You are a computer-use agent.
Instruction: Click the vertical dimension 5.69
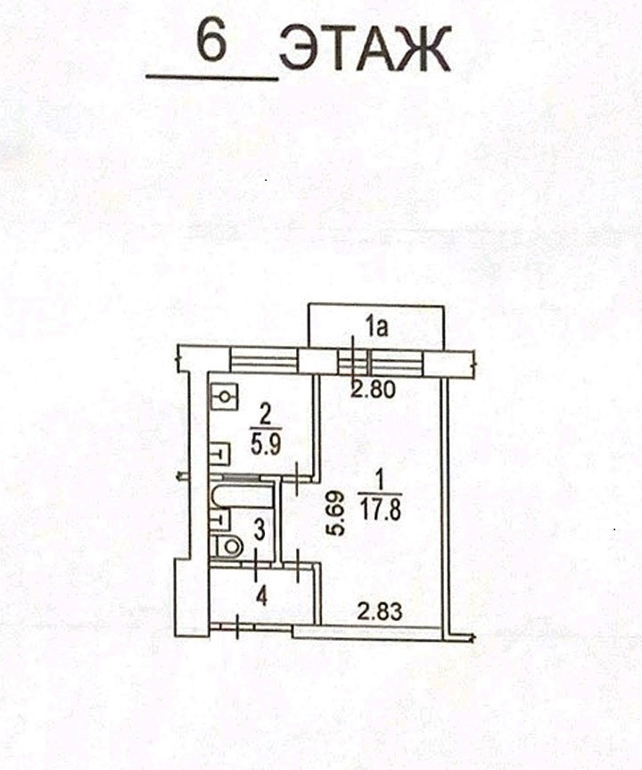(x=333, y=515)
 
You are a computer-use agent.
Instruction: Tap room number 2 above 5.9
(x=265, y=414)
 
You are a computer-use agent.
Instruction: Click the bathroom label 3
(x=259, y=528)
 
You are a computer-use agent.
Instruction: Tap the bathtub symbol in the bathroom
(x=241, y=492)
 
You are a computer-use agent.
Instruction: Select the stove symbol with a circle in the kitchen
(x=226, y=396)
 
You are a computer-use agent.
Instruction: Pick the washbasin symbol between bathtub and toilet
(x=219, y=518)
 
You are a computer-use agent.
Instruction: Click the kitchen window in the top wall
(x=263, y=361)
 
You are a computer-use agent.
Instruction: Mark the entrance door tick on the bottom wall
(x=237, y=627)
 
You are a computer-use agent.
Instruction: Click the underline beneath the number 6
(x=212, y=78)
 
